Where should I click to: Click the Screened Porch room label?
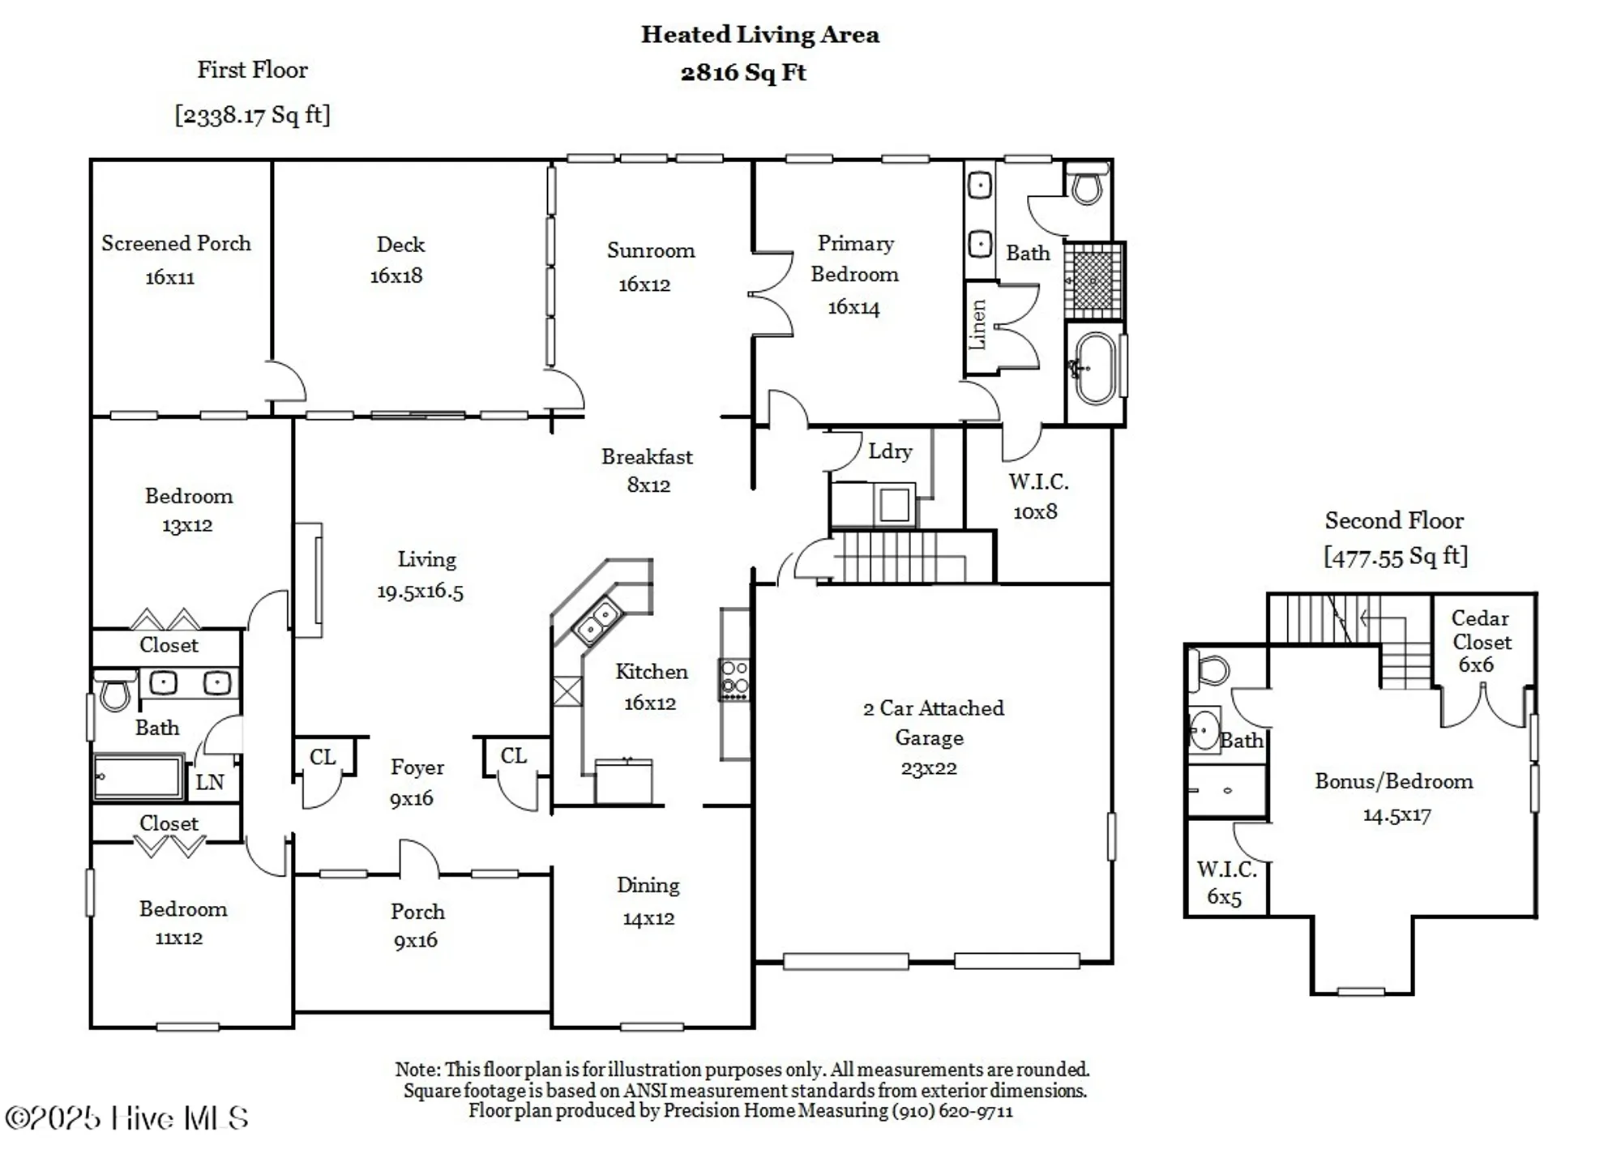pyautogui.click(x=176, y=243)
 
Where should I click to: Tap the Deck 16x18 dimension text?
pyautogui.click(x=396, y=276)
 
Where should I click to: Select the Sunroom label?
pyautogui.click(x=650, y=250)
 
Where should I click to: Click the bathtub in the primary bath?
pyautogui.click(x=1095, y=369)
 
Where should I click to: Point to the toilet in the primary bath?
pyautogui.click(x=1086, y=185)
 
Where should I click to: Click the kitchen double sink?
pyautogui.click(x=597, y=621)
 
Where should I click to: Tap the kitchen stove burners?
pyautogui.click(x=734, y=678)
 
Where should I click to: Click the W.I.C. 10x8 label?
pyautogui.click(x=1037, y=496)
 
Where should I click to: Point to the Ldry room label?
pyautogui.click(x=890, y=451)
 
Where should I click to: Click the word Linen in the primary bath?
pyautogui.click(x=977, y=325)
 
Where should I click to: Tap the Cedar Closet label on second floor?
pyautogui.click(x=1481, y=630)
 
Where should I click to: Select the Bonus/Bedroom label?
pyautogui.click(x=1393, y=781)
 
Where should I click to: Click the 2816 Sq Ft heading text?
pyautogui.click(x=743, y=73)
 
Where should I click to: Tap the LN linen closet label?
pyautogui.click(x=210, y=782)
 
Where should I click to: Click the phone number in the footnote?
pyautogui.click(x=952, y=1111)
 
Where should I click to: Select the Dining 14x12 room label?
pyautogui.click(x=648, y=901)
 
